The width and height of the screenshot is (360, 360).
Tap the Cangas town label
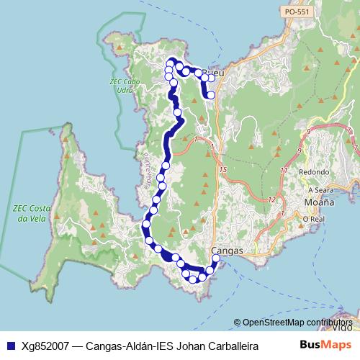pos(228,251)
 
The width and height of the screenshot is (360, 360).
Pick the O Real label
pos(314,219)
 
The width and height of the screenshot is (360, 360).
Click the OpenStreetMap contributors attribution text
pos(297,323)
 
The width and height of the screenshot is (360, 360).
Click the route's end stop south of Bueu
pos(211,94)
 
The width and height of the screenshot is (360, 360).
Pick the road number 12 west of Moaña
pos(271,199)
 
